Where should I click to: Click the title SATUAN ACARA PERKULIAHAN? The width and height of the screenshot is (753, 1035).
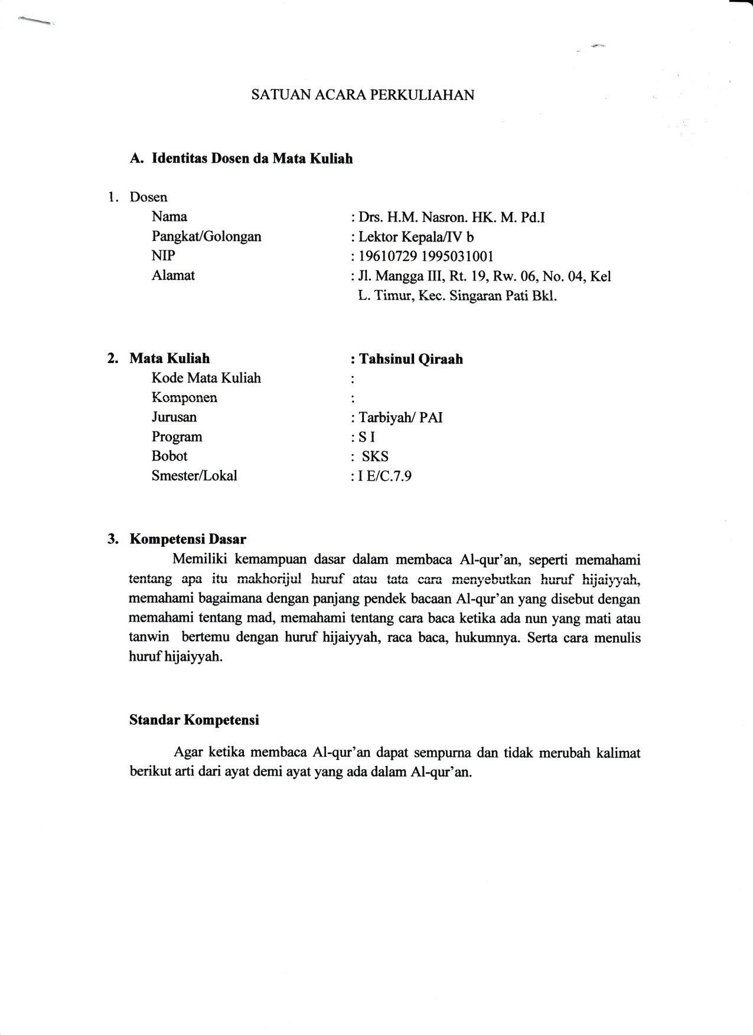click(x=363, y=95)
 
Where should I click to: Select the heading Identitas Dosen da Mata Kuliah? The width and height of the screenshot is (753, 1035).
click(x=252, y=158)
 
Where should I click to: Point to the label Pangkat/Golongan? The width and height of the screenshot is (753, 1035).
click(x=206, y=237)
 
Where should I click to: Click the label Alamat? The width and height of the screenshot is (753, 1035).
click(x=173, y=275)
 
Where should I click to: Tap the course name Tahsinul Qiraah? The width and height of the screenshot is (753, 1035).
click(x=410, y=359)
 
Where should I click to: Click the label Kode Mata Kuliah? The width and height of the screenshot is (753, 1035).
click(x=206, y=378)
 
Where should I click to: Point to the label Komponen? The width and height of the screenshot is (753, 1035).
click(x=184, y=397)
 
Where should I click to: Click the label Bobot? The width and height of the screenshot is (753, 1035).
click(x=169, y=456)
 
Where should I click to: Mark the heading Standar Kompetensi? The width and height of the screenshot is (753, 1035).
click(x=194, y=720)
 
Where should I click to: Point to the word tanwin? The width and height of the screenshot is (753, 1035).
click(x=149, y=638)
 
